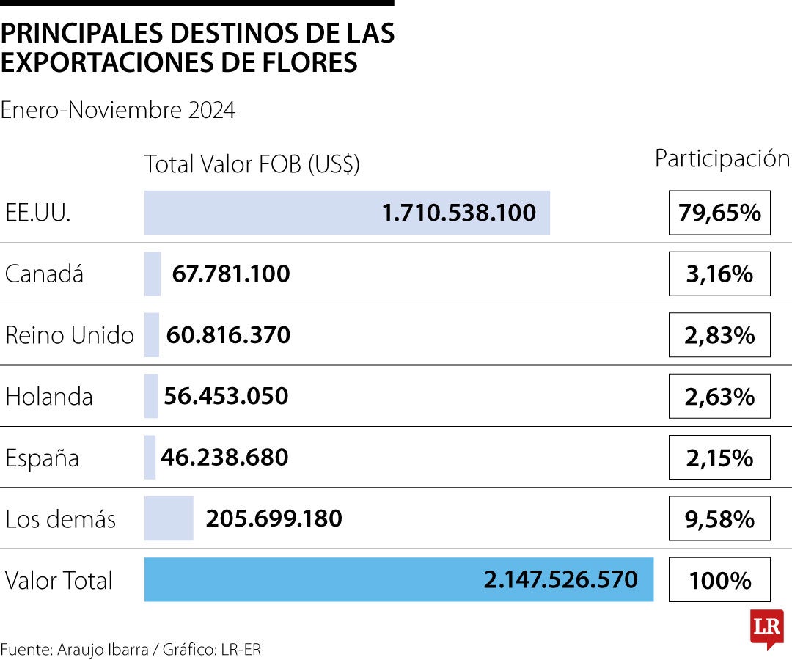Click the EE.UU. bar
(347, 213)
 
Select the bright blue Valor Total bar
(398, 579)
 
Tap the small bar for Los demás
(169, 518)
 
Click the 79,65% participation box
(719, 213)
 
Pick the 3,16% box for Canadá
(719, 274)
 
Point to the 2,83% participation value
(719, 335)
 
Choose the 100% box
(719, 580)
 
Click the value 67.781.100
(231, 274)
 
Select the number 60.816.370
(228, 335)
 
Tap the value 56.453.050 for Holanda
(226, 396)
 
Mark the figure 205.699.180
(274, 518)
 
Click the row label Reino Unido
(70, 335)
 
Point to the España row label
(42, 458)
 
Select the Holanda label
(49, 397)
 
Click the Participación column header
(722, 159)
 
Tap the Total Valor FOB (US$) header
(252, 164)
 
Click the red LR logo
(766, 628)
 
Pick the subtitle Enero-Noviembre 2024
(118, 110)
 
